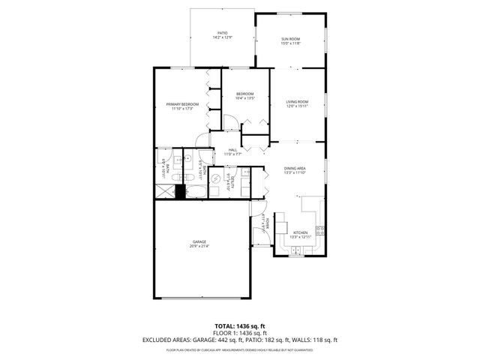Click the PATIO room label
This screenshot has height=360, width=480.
(x=222, y=33)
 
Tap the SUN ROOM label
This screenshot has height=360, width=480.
(x=291, y=39)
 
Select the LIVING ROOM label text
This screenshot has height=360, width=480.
(x=298, y=102)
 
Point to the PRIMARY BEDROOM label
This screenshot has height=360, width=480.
(x=182, y=104)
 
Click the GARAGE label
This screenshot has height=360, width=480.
(x=199, y=241)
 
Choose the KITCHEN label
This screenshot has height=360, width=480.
(x=300, y=232)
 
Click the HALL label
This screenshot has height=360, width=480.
(x=232, y=150)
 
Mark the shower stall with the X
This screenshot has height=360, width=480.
(x=164, y=191)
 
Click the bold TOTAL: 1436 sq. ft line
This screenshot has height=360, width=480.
(x=240, y=326)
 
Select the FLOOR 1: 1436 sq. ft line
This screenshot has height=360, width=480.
(x=240, y=333)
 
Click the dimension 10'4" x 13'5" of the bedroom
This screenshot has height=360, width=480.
(x=246, y=98)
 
